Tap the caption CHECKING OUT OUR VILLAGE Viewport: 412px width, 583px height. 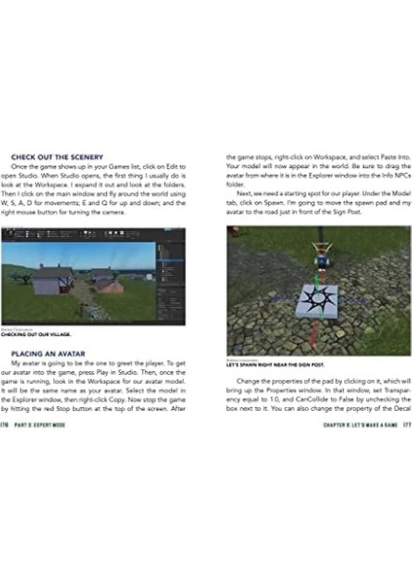click(37, 333)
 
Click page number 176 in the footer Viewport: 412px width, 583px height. click(6, 424)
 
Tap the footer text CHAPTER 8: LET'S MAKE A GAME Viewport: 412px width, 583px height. click(360, 424)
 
